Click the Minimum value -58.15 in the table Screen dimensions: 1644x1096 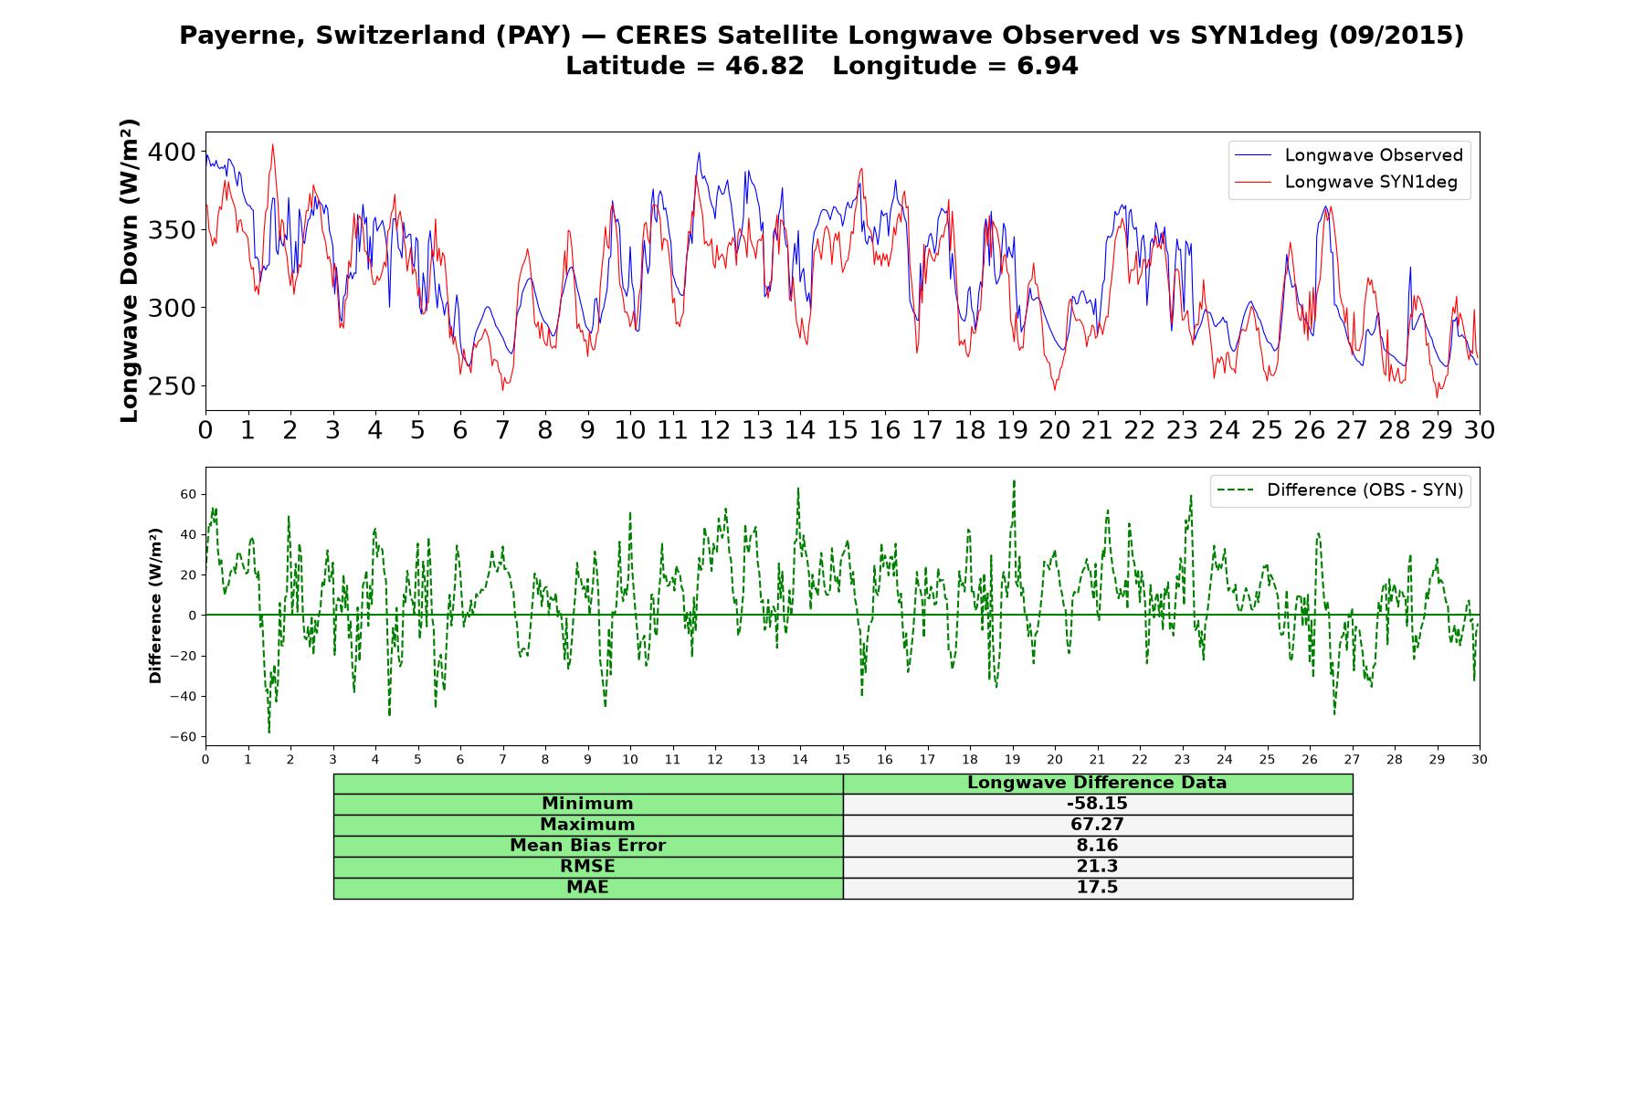click(x=1097, y=804)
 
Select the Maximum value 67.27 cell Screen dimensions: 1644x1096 click(x=1097, y=825)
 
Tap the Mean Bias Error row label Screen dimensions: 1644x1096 click(x=587, y=846)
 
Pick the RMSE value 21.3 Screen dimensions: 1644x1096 click(x=1097, y=867)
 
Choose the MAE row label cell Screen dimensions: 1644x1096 click(x=587, y=888)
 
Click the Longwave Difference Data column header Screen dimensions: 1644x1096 click(x=1097, y=783)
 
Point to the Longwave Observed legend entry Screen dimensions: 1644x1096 click(x=1349, y=155)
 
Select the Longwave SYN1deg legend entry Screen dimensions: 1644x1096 click(x=1346, y=182)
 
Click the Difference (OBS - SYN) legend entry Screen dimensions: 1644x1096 click(x=1340, y=490)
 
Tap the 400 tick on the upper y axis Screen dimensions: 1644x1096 click(x=172, y=152)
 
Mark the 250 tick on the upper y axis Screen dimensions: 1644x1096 click(x=172, y=386)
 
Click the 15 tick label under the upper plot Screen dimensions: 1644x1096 click(x=842, y=430)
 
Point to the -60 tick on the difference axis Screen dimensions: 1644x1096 click(x=183, y=737)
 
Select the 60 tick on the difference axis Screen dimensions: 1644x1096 click(x=188, y=494)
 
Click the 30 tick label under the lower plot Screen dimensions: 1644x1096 click(x=1480, y=759)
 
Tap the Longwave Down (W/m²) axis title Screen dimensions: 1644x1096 click(x=130, y=270)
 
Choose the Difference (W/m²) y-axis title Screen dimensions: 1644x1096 click(x=155, y=606)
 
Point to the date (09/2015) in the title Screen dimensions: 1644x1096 click(x=1395, y=36)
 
